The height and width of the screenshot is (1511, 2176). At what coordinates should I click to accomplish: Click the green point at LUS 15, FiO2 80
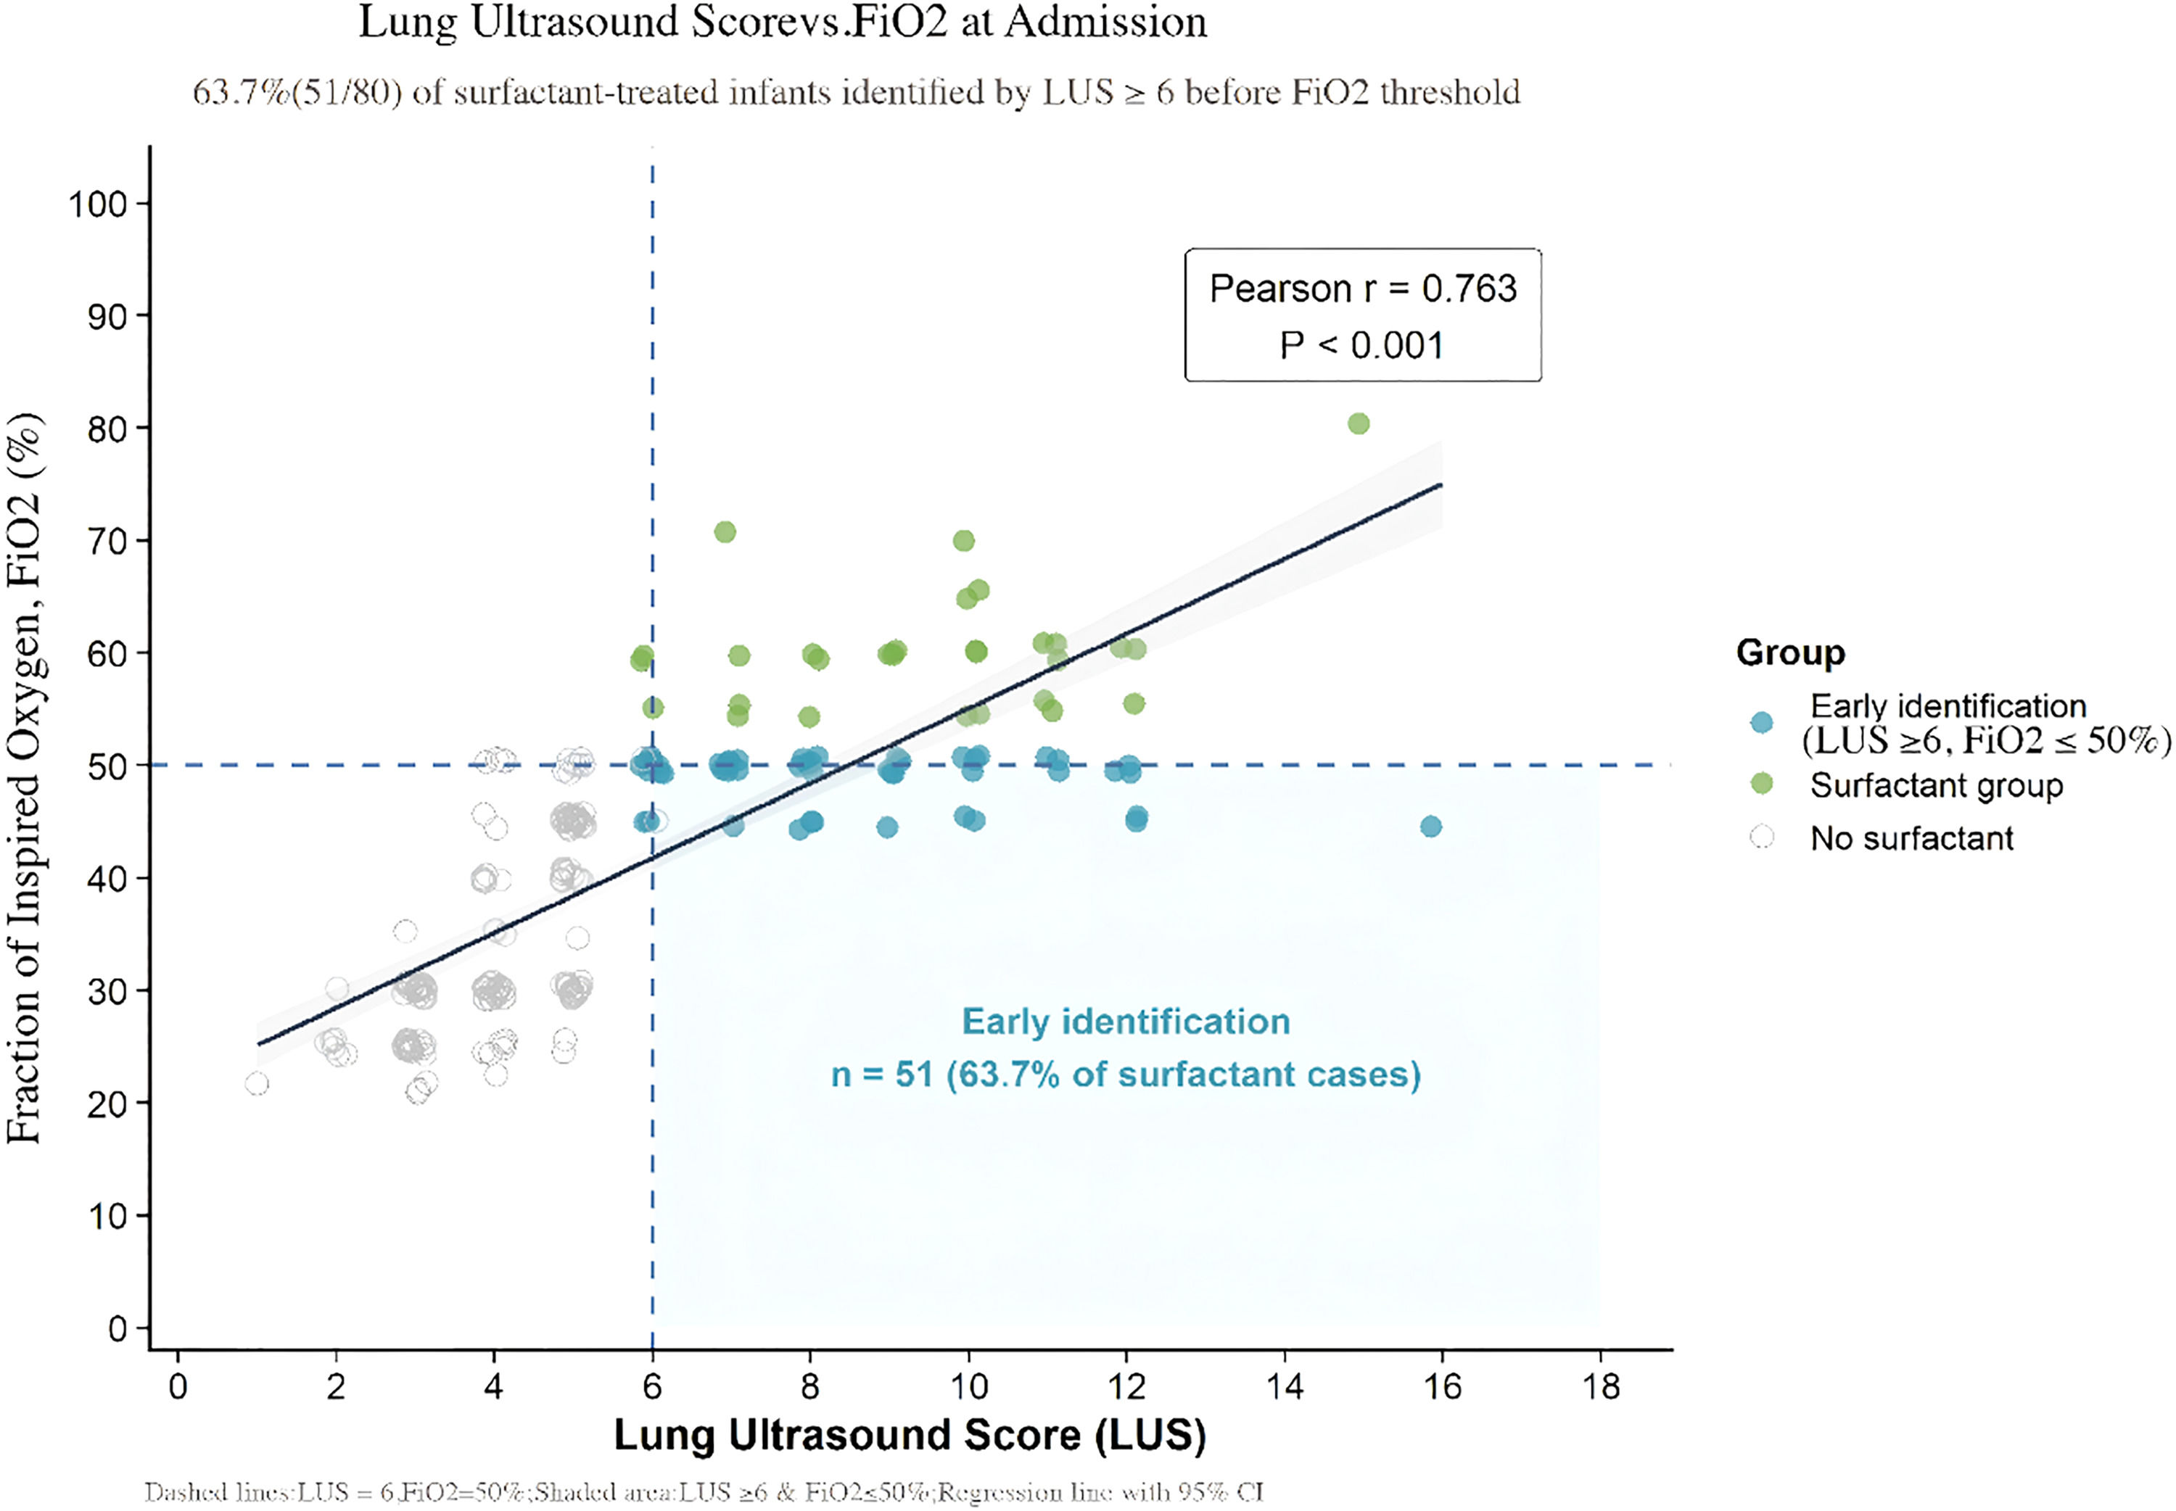(1358, 423)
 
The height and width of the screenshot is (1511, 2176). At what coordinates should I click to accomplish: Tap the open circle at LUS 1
(257, 1083)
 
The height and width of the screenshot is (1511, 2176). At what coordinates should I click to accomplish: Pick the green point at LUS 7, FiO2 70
(725, 532)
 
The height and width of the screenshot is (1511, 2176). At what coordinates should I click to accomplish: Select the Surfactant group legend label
(1935, 785)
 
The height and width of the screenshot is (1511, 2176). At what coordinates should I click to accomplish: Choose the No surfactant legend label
(1911, 838)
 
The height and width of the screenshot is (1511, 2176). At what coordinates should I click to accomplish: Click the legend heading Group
(1789, 653)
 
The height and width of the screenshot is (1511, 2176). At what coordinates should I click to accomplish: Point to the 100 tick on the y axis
(97, 204)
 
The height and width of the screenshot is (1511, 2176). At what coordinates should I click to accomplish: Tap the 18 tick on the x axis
(1600, 1387)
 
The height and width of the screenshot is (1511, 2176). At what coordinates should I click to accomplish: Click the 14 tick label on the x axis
(1284, 1387)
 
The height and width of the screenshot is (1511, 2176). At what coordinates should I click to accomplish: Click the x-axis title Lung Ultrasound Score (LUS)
(909, 1436)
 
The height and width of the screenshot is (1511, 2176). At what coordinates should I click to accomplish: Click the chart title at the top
(782, 22)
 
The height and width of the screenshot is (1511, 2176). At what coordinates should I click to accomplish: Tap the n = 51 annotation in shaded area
(1125, 1075)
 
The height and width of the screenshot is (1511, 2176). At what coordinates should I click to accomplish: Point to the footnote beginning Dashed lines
(703, 1493)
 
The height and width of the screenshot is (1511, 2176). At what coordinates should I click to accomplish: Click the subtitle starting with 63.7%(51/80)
(856, 92)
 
